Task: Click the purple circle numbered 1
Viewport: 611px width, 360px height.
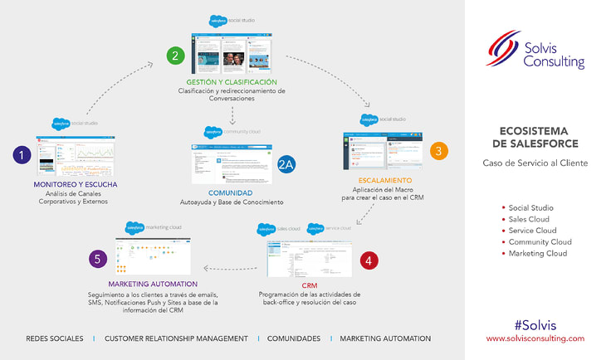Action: [22, 153]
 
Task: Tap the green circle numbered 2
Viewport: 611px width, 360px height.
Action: [174, 56]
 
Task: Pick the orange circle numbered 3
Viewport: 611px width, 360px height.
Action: [440, 151]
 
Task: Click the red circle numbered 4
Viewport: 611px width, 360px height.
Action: [370, 259]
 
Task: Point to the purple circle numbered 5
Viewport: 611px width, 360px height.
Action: [99, 259]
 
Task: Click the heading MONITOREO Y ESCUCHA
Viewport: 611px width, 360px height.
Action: [76, 183]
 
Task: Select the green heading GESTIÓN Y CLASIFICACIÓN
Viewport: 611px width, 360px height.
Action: [232, 83]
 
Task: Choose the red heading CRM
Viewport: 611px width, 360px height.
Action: [309, 285]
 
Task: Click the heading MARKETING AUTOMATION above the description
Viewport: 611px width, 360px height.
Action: [152, 284]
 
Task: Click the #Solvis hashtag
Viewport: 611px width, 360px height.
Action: [535, 324]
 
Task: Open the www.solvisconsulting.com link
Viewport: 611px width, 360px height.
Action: [535, 338]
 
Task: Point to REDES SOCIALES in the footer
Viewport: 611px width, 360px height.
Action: [55, 338]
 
